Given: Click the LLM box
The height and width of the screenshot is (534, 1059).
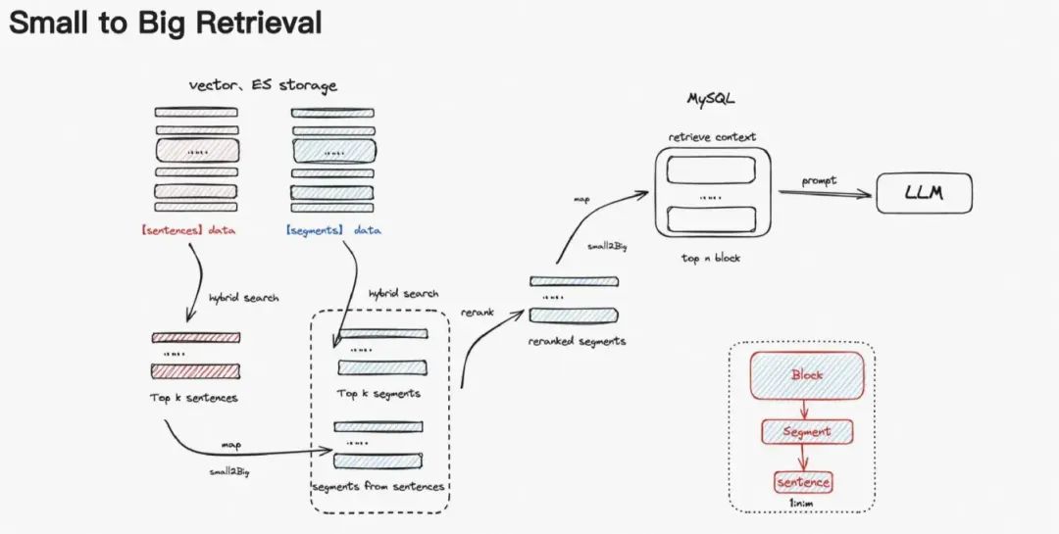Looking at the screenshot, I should tap(924, 194).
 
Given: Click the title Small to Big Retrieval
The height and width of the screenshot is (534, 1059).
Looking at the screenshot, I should tap(165, 24).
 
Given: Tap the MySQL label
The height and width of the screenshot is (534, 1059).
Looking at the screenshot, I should tap(712, 100).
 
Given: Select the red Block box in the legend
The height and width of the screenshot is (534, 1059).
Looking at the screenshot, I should tap(807, 375).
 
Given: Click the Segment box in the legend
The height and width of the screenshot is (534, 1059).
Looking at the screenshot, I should tap(807, 431).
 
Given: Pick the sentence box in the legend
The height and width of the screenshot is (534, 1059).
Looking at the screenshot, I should tap(803, 482).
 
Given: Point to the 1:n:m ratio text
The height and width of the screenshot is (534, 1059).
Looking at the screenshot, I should tap(803, 504).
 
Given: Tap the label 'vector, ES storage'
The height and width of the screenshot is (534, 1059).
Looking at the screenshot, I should tap(262, 85).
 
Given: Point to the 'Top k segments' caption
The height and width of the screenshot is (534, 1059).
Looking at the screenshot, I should tap(378, 393).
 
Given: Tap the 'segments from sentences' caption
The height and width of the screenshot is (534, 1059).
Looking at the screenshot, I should tap(378, 486).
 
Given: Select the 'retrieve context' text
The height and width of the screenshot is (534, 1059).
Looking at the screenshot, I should tap(712, 136).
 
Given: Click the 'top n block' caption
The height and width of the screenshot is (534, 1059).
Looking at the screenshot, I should tap(712, 258).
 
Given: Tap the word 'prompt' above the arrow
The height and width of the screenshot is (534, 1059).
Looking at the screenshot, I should tap(819, 181).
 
